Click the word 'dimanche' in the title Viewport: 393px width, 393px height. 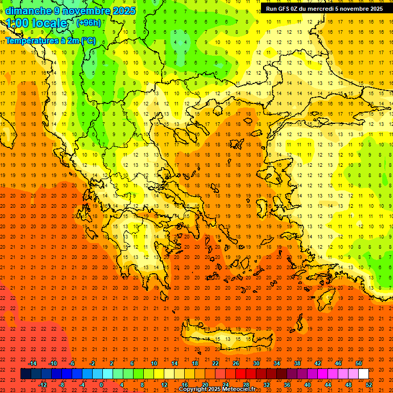[x=28, y=11]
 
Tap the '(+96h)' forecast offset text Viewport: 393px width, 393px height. [x=89, y=23]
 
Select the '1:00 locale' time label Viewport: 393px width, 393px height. [x=36, y=24]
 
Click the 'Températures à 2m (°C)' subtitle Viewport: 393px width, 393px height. [x=50, y=40]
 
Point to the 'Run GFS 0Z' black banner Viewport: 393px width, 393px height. [x=324, y=9]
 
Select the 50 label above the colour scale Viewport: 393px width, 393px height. [x=358, y=363]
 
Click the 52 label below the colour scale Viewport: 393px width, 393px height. [x=369, y=384]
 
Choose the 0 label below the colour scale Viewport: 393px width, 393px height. [x=102, y=384]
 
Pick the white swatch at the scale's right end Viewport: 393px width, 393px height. [x=363, y=374]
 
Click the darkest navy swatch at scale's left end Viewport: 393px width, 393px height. [x=26, y=374]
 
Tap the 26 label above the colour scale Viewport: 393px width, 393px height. [x=236, y=363]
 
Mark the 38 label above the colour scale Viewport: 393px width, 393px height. [x=297, y=363]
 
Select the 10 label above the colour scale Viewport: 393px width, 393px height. [x=154, y=363]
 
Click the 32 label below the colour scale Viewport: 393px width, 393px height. [x=267, y=384]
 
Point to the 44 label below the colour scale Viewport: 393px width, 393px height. [x=328, y=384]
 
